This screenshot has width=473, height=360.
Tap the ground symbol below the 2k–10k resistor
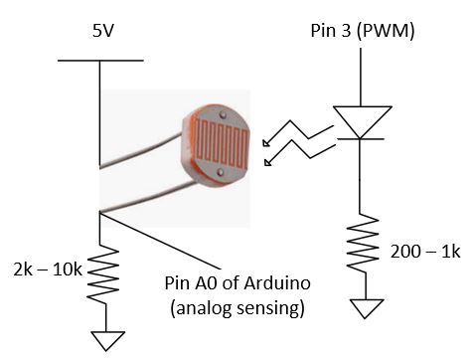tap(102, 340)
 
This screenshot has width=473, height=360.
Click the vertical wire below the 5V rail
tap(100, 109)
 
